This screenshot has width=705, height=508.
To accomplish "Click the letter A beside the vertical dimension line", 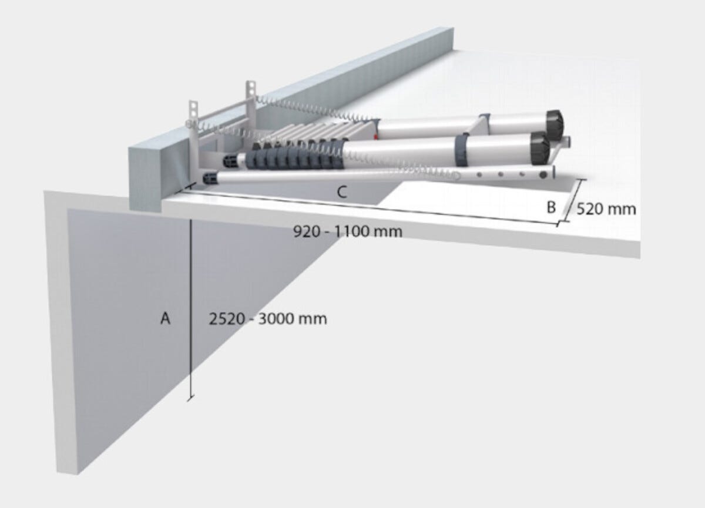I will point(166,319).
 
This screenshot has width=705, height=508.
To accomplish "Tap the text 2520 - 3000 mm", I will point(268,319).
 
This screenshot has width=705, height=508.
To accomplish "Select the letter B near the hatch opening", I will point(551,207).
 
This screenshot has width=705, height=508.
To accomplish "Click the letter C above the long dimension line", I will point(343,191).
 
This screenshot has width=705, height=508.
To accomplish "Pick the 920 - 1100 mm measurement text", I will point(348,231).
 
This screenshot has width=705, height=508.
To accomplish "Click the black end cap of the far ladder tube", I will point(555,121).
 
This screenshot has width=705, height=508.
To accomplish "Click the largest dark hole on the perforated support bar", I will point(543,174).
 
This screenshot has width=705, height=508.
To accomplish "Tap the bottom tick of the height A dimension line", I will point(190,399).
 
